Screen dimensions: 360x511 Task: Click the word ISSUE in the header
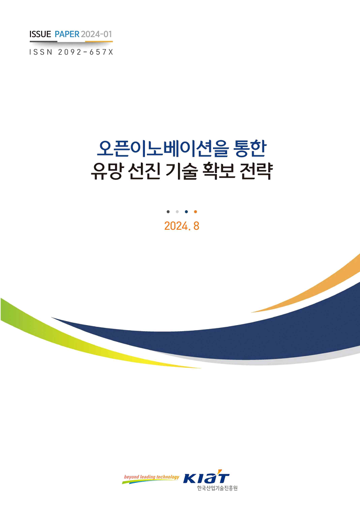click(40, 34)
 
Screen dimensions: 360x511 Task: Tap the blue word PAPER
click(67, 34)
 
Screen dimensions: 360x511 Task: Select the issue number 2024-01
click(96, 34)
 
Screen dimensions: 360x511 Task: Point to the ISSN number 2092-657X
click(86, 52)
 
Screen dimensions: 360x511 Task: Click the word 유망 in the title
click(106, 171)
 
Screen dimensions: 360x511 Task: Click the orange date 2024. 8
click(181, 226)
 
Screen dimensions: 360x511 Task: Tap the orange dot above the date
click(195, 212)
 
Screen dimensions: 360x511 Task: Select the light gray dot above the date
click(177, 212)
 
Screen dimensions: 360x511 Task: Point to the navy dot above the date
click(186, 212)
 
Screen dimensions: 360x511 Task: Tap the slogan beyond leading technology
click(152, 477)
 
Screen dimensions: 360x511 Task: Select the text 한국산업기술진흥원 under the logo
click(217, 488)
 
